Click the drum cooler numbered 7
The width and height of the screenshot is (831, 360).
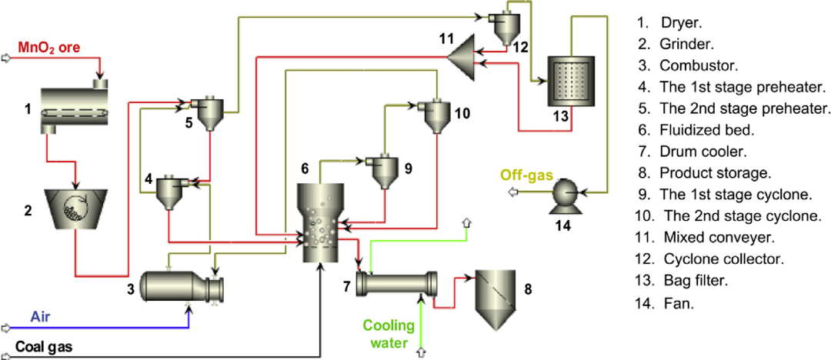click(397, 283)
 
